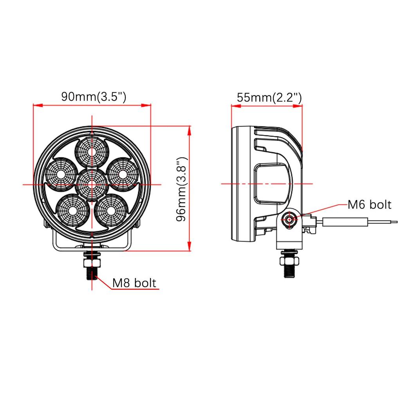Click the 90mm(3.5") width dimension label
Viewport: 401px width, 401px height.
tap(94, 97)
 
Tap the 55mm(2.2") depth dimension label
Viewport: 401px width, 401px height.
tap(269, 98)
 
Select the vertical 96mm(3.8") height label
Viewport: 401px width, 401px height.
tap(182, 189)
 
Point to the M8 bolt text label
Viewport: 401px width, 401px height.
tap(134, 283)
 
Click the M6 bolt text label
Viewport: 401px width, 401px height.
tap(370, 204)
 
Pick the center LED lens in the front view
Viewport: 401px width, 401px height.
tap(92, 184)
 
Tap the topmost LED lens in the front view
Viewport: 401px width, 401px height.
tap(92, 152)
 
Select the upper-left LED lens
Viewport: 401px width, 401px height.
tap(61, 174)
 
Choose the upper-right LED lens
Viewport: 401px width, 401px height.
tap(122, 174)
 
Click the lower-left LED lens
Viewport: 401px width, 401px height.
tap(73, 211)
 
